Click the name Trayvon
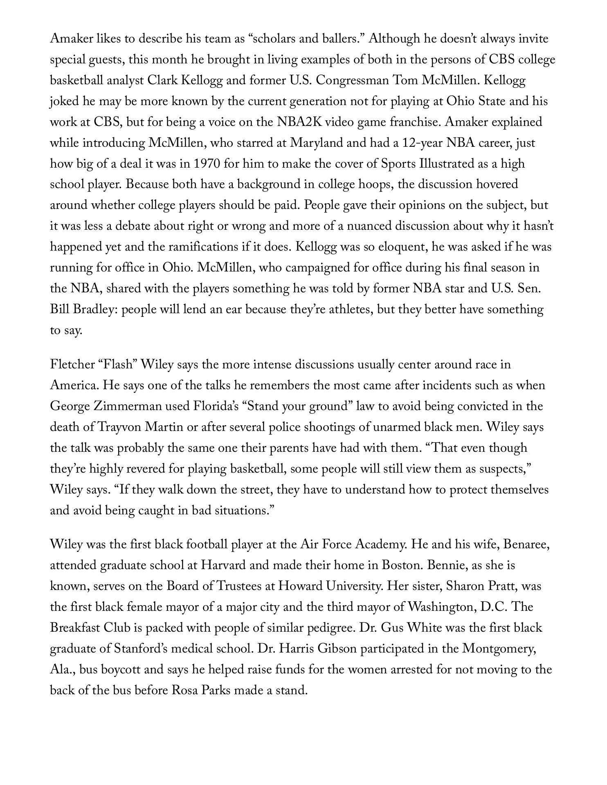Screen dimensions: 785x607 [x=120, y=427]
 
